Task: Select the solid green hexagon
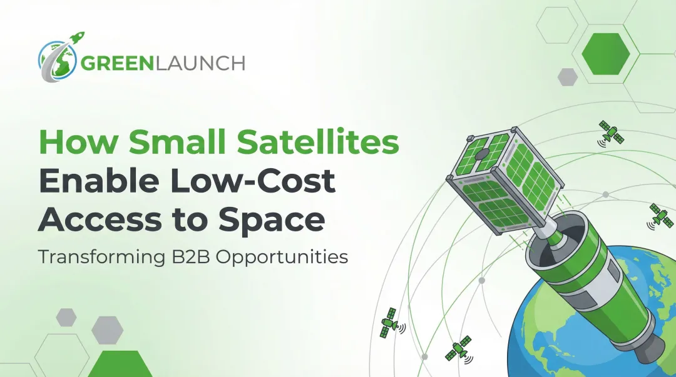(x=605, y=53)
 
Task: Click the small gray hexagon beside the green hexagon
(x=567, y=76)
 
